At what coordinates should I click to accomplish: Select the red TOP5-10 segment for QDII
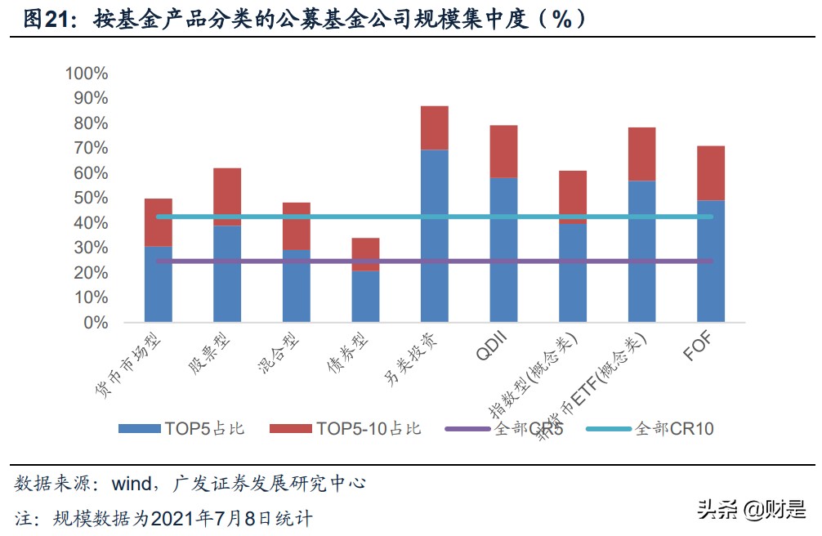tap(503, 151)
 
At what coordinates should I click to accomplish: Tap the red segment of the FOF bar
tap(710, 173)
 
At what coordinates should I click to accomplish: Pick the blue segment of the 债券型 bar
tap(365, 295)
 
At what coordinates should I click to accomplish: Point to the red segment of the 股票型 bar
tap(227, 197)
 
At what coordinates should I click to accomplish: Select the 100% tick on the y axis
tap(87, 74)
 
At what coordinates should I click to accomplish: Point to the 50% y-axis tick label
tap(90, 198)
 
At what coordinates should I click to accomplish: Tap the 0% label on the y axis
tap(95, 323)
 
